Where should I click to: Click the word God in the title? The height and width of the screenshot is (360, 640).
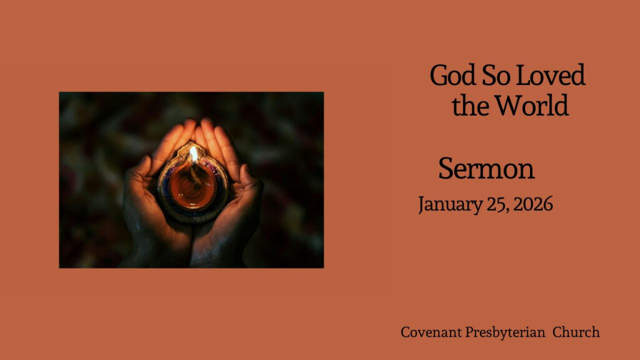point(453,76)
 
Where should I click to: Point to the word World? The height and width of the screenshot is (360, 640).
point(532,106)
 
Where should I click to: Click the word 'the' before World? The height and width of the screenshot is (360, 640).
point(470,106)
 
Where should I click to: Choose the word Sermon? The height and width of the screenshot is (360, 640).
point(486,169)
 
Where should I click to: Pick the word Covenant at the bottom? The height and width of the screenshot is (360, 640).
point(431,332)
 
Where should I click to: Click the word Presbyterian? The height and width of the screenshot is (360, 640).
point(505,332)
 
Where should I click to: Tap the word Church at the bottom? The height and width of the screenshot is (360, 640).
point(576,332)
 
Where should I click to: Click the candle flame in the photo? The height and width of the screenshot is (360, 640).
point(194,154)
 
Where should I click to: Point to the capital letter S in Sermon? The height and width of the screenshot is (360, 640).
point(446,169)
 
